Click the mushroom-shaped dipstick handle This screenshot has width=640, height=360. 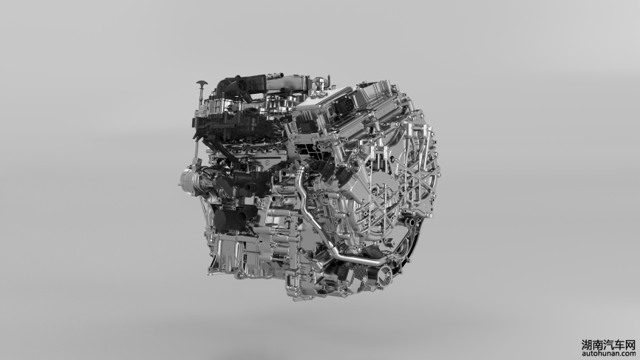tap(202, 84)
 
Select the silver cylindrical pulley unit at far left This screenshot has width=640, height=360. tap(189, 180)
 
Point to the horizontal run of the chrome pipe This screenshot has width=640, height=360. tap(358, 259)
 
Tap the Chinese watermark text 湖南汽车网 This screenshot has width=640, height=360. tap(608, 345)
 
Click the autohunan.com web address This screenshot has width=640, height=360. tap(608, 353)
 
